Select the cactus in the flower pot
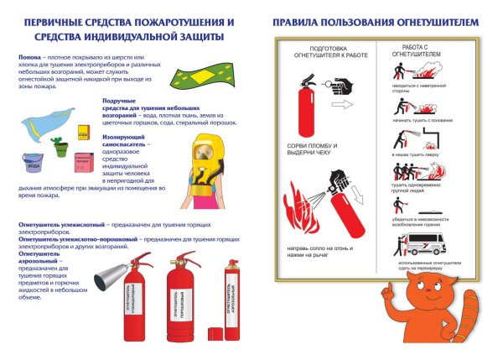coord(59,145)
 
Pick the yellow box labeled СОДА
coord(83,133)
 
